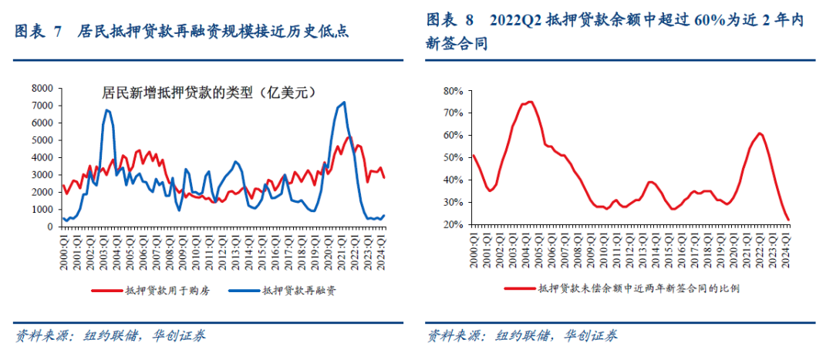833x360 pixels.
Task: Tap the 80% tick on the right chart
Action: pyautogui.click(x=454, y=91)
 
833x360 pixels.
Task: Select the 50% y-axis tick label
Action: pyautogui.click(x=454, y=158)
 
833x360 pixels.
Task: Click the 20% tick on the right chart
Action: pyautogui.click(x=454, y=224)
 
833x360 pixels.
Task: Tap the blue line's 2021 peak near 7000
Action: pyautogui.click(x=344, y=102)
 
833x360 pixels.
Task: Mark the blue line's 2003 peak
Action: pyautogui.click(x=106, y=110)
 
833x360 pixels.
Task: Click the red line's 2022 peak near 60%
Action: pyautogui.click(x=760, y=133)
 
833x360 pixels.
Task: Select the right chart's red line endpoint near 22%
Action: pyautogui.click(x=788, y=220)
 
